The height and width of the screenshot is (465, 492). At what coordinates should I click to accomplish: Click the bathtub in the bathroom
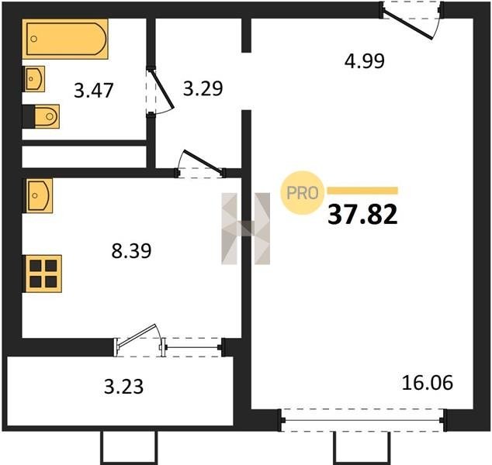[65, 39]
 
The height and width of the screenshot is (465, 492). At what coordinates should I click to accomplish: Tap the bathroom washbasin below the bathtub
[33, 78]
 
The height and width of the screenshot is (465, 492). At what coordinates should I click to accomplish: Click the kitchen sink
[38, 195]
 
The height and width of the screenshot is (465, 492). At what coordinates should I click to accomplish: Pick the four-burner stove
[42, 274]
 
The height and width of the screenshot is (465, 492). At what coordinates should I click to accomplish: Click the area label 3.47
[93, 91]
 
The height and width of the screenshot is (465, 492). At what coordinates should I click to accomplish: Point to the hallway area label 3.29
[203, 88]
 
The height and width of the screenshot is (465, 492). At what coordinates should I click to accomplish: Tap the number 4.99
[364, 61]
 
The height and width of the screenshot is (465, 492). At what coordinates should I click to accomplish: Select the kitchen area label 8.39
[131, 250]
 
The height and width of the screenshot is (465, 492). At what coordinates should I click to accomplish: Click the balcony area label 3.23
[124, 387]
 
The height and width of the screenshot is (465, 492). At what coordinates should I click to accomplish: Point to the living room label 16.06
[428, 383]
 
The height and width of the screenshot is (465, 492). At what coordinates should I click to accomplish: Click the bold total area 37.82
[362, 215]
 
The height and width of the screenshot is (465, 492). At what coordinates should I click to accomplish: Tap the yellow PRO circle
[303, 193]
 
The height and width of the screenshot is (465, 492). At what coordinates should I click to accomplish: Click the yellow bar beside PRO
[362, 191]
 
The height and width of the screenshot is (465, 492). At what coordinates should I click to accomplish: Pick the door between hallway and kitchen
[203, 162]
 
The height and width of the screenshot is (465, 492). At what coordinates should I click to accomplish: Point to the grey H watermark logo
[246, 229]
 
